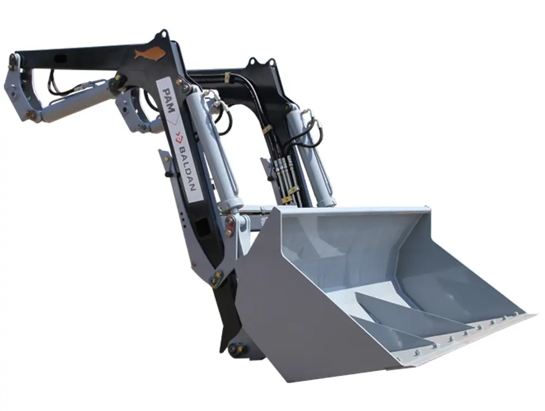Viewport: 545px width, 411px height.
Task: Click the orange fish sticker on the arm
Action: click(149, 54)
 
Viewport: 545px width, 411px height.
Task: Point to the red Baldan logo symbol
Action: click(179, 137)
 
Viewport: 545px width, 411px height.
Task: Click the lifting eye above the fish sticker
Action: click(162, 35)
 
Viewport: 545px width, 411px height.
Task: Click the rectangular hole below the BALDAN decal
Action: click(202, 228)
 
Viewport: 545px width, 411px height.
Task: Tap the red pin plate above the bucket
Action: click(229, 226)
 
